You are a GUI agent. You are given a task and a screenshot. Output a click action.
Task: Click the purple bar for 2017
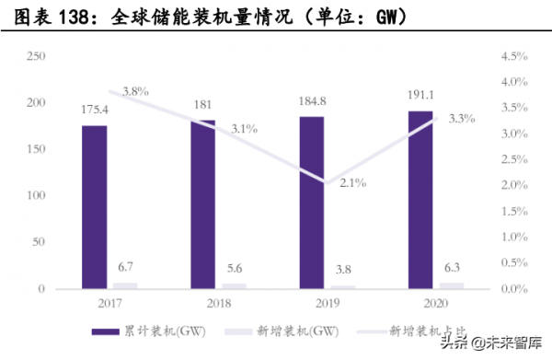95,207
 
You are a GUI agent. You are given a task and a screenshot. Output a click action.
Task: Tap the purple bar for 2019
312,203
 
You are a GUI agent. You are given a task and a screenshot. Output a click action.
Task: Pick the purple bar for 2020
420,200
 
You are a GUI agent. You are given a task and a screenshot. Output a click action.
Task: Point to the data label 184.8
312,99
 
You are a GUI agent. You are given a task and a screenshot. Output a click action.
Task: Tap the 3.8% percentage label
135,90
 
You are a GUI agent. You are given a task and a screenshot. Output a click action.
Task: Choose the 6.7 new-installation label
126,267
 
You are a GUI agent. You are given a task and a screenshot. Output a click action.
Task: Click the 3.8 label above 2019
342,271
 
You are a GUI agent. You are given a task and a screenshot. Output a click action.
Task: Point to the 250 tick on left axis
38,57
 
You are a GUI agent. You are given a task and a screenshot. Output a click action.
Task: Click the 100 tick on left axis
38,196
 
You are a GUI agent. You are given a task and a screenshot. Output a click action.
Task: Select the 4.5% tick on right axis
512,57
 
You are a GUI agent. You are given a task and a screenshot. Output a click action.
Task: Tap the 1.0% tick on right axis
512,238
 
